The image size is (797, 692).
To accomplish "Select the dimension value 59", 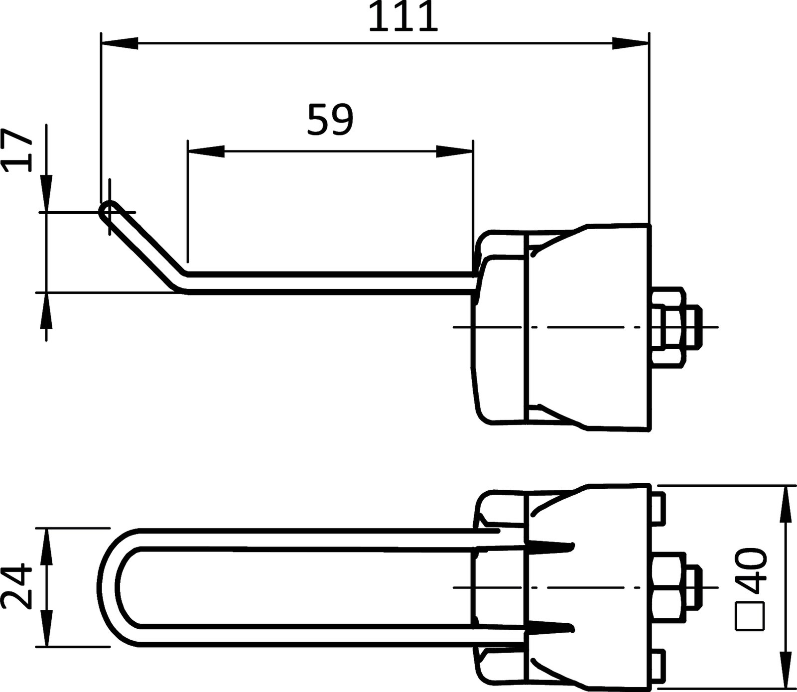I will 330,120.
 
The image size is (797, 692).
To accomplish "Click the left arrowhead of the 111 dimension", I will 120,43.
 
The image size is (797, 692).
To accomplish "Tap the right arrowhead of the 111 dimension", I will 631,43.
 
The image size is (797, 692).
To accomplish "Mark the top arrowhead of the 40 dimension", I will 786,503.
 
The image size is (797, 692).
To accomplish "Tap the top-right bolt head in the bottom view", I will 658,509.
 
